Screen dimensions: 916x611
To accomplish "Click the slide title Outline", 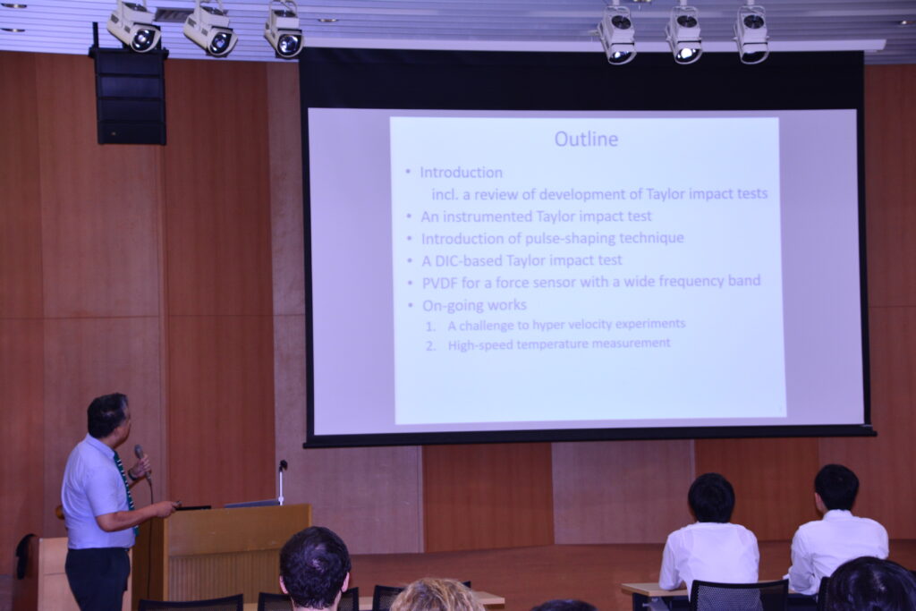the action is point(586,139).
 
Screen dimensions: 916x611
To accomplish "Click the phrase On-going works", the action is point(474,305).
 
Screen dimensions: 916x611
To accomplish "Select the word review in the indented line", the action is point(496,194).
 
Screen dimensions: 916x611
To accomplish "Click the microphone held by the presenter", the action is point(142,461).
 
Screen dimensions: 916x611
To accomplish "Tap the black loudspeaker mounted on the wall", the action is point(129,96).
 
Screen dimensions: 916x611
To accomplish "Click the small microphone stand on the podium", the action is point(282,482).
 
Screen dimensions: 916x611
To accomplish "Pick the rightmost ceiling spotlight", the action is point(751,34).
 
